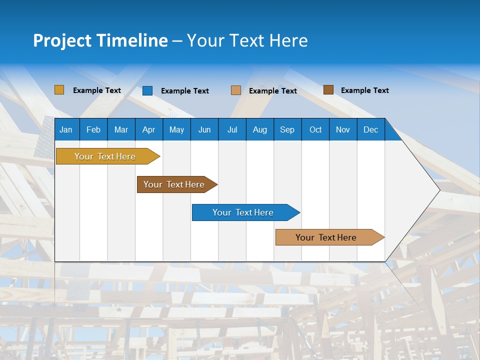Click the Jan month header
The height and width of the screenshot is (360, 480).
[x=66, y=129]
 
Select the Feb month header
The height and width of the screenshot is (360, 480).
[x=93, y=129]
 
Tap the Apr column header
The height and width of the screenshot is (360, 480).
[x=148, y=129]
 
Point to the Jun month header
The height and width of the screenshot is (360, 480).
[x=204, y=129]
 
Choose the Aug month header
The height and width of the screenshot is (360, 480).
[x=259, y=129]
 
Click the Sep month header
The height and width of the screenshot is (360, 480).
[x=287, y=129]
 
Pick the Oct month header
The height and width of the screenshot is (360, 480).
[x=315, y=129]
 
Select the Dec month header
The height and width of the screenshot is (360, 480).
[x=370, y=129]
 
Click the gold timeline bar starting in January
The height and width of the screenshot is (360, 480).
[x=105, y=156]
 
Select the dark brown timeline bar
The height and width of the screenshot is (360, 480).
[x=174, y=184]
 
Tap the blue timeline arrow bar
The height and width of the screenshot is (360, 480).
[x=243, y=212]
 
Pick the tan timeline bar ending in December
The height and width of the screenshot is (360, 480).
[x=326, y=237]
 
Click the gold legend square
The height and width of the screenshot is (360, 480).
[x=59, y=90]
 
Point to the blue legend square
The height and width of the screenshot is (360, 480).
[x=147, y=90]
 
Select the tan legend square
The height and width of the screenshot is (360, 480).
[x=236, y=90]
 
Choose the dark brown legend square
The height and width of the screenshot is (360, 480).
[x=328, y=90]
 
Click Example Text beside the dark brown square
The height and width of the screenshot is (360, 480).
[x=364, y=90]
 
